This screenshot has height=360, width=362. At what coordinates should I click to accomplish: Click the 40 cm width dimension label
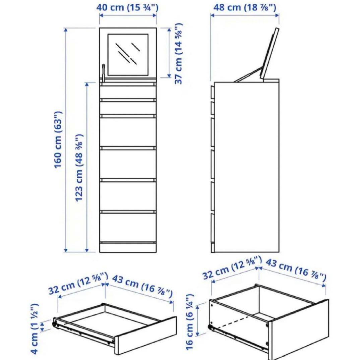point(128,7)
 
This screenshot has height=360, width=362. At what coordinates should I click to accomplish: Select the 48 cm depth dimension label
point(244,7)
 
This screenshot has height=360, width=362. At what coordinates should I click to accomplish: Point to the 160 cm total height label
point(58,139)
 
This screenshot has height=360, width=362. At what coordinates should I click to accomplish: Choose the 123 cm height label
point(79,168)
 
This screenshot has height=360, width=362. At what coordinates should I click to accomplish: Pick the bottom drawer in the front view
point(128,227)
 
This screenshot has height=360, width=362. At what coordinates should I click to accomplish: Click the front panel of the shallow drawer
point(146,335)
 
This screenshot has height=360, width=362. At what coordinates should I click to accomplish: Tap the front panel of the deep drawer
point(298,330)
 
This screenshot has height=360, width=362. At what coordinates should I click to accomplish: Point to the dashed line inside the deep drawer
point(235,322)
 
